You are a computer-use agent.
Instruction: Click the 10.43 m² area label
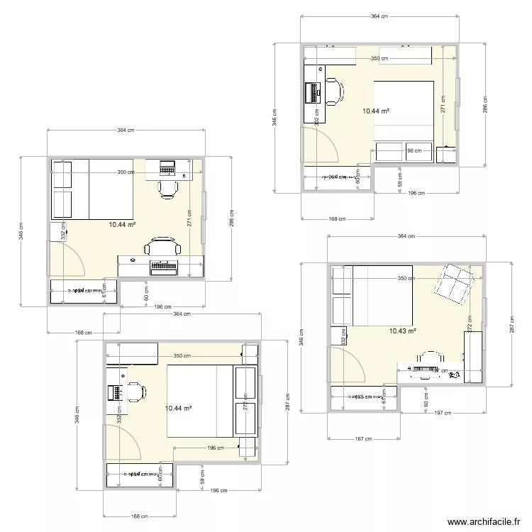coord(402,331)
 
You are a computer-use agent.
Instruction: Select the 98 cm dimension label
coord(414,150)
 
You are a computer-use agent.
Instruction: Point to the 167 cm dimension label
coord(363,439)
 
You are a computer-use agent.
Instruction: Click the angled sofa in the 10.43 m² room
coord(453,284)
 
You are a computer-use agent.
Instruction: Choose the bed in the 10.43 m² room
coord(382,295)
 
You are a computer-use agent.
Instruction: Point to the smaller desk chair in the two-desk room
coord(168,188)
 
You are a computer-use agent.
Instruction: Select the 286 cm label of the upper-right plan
coord(485,105)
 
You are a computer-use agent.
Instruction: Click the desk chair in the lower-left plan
coord(134,391)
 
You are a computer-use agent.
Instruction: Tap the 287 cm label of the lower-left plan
coord(287,402)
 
